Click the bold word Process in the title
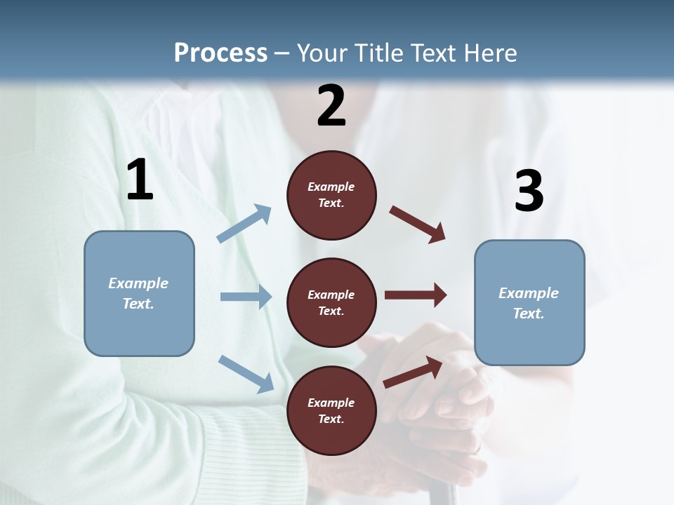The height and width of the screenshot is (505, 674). [x=220, y=53]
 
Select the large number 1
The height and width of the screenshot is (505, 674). [x=140, y=180]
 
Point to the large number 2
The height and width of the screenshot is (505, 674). [x=331, y=106]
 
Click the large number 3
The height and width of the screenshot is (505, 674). [x=529, y=191]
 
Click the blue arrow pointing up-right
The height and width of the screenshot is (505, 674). [x=244, y=224]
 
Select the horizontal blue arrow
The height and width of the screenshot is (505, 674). [x=246, y=297]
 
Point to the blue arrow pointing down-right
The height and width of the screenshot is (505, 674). [x=246, y=373]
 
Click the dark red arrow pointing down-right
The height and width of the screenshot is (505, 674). [x=418, y=224]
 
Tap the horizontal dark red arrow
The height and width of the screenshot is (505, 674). [x=416, y=295]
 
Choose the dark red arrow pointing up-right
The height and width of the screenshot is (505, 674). [x=413, y=372]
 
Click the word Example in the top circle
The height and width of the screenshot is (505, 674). [x=331, y=187]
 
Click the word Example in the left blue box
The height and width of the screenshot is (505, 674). [x=138, y=283]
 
